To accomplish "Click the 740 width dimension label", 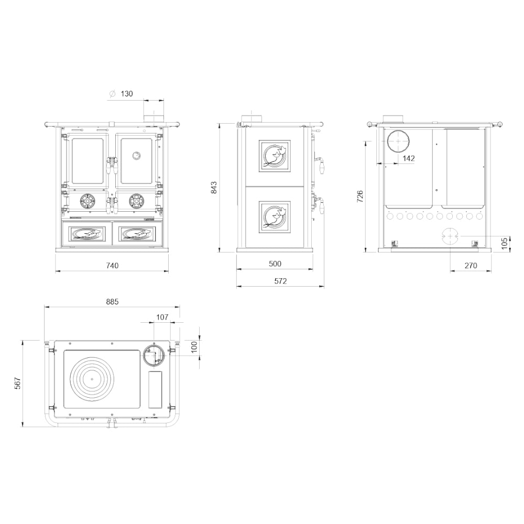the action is click(x=112, y=266).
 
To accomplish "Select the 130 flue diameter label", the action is click(x=127, y=94).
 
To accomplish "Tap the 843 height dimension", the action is click(x=214, y=188).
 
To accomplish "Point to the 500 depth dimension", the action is click(x=275, y=264).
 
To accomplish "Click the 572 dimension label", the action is click(x=280, y=281).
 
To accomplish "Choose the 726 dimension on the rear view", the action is click(x=360, y=197).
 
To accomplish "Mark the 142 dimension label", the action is click(x=408, y=158).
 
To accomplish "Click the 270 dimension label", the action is click(x=471, y=266).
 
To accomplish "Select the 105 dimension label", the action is click(x=505, y=243).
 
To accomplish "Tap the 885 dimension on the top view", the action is click(x=112, y=302).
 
